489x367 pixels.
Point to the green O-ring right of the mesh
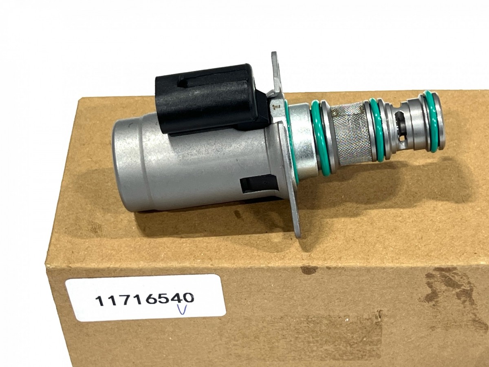click(377, 130)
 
